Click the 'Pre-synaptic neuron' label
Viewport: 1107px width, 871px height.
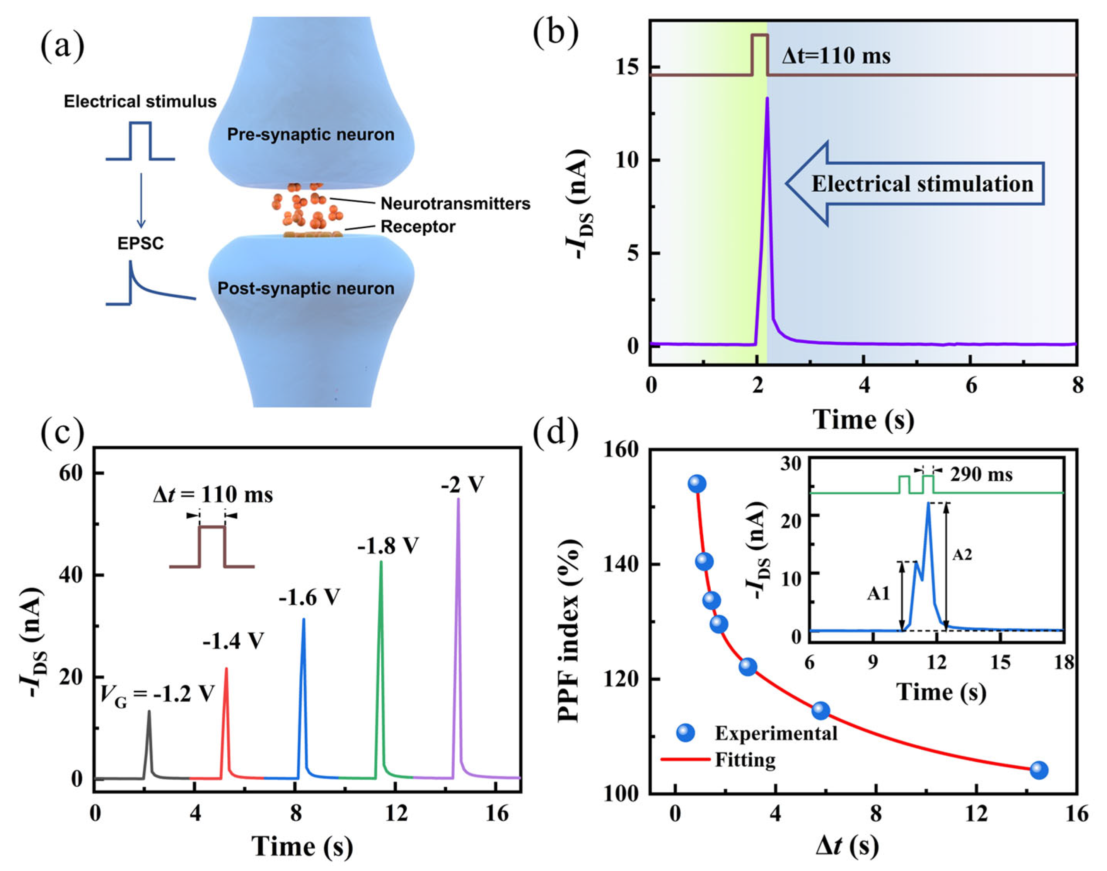coord(310,135)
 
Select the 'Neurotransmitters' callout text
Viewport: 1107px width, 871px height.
coord(455,203)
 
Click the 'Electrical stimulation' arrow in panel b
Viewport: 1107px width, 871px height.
coord(915,184)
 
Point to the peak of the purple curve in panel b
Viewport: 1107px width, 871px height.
coord(766,98)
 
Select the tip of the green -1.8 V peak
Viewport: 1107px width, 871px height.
coord(381,562)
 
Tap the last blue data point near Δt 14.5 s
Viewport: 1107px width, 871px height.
coord(1039,770)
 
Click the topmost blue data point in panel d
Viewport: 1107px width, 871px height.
coord(697,484)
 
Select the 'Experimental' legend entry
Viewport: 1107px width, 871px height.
coord(776,733)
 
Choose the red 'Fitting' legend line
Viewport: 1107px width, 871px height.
coord(686,759)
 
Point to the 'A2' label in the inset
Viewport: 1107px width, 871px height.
coord(962,554)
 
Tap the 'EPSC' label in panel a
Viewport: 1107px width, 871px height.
coord(141,243)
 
